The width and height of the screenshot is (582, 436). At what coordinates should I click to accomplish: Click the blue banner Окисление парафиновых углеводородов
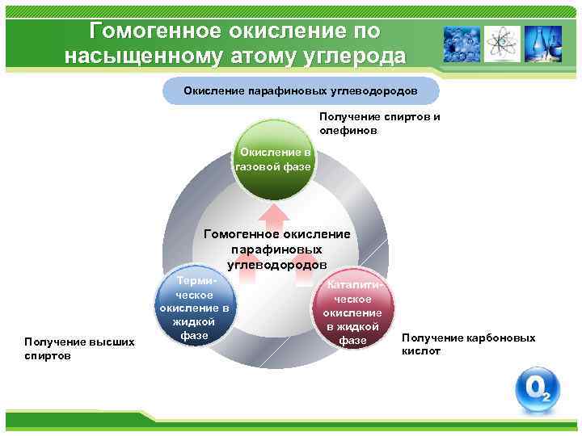click(301, 91)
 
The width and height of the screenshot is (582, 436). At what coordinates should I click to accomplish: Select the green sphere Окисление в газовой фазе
click(272, 158)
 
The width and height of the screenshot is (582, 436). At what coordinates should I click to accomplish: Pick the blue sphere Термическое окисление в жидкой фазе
click(195, 306)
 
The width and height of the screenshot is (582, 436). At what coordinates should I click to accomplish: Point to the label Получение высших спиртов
click(79, 349)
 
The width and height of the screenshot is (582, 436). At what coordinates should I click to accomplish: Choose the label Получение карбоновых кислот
click(468, 344)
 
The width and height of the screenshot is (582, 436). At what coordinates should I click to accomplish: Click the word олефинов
click(348, 129)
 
